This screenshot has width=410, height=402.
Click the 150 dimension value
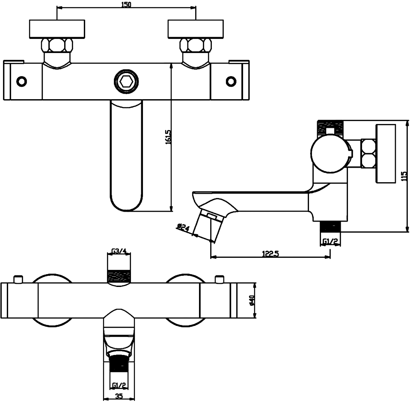126,4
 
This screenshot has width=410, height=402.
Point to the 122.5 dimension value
270,253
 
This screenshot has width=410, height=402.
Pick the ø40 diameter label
252,301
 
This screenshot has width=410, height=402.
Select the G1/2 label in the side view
330,242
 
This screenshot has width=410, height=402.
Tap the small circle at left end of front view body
21,81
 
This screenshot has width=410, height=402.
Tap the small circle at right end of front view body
231,81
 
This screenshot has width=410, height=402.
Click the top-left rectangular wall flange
57,29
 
